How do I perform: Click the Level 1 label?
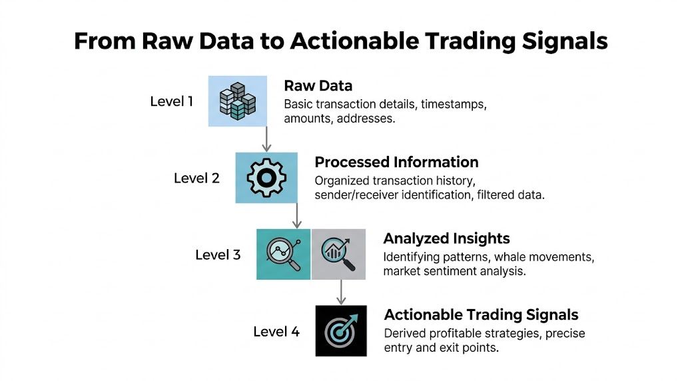click(x=171, y=102)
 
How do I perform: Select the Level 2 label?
click(x=196, y=179)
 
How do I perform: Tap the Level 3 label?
click(x=218, y=254)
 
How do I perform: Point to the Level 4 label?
click(x=276, y=331)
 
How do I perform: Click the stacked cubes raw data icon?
click(x=238, y=101)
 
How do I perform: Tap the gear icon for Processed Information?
click(x=266, y=177)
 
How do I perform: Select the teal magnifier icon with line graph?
click(x=284, y=254)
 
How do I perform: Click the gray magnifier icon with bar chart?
click(x=338, y=254)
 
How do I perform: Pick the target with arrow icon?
click(x=340, y=330)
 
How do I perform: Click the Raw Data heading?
click(x=318, y=86)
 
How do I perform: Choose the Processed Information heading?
click(x=396, y=163)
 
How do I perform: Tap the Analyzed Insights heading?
click(x=446, y=238)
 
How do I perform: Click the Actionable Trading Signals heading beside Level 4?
click(x=481, y=315)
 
